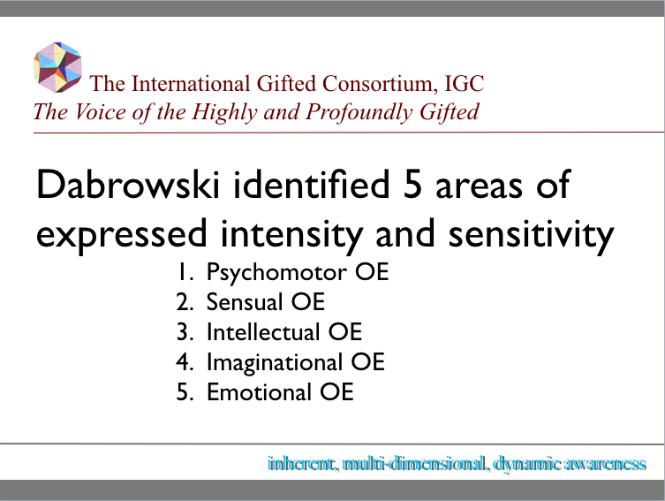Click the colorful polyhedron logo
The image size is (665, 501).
57,67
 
